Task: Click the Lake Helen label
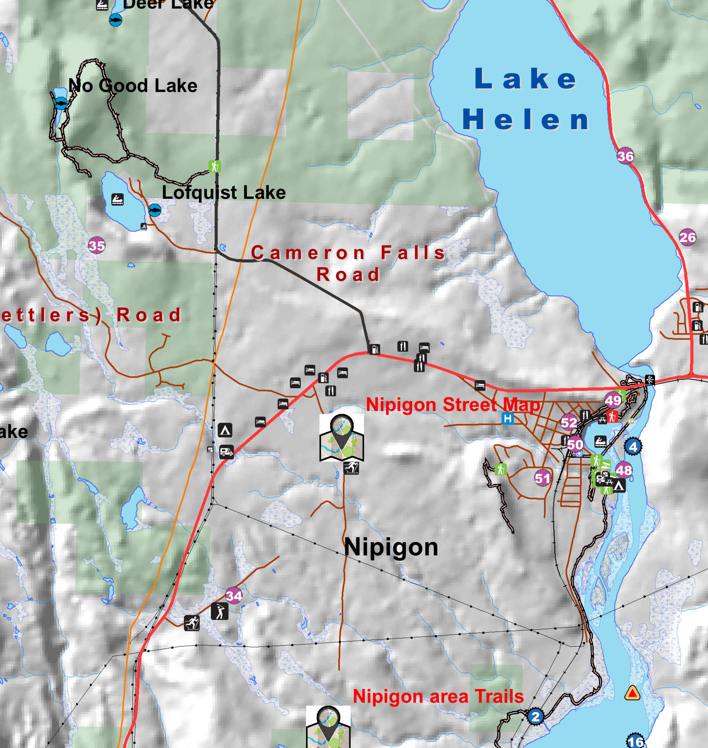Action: click(x=526, y=99)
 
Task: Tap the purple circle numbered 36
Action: click(x=625, y=156)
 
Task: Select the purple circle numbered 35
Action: click(x=97, y=245)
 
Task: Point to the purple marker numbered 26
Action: click(x=687, y=237)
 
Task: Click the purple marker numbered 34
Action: click(x=234, y=596)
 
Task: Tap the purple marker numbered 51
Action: click(x=542, y=478)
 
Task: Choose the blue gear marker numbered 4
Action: click(x=633, y=447)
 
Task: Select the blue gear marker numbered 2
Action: click(x=535, y=716)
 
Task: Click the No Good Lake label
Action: click(x=133, y=86)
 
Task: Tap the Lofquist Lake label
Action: click(x=224, y=193)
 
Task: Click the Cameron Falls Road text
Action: click(x=348, y=263)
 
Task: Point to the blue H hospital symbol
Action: click(x=508, y=418)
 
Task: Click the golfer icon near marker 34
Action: click(x=219, y=611)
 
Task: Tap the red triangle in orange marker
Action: click(x=632, y=693)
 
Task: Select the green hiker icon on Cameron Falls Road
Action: click(x=214, y=166)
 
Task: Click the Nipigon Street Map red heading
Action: click(x=453, y=405)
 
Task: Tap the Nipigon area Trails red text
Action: click(x=438, y=696)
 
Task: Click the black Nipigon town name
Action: click(x=391, y=547)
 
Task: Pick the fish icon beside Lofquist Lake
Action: click(x=155, y=210)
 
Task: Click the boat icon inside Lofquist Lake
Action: click(x=118, y=200)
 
